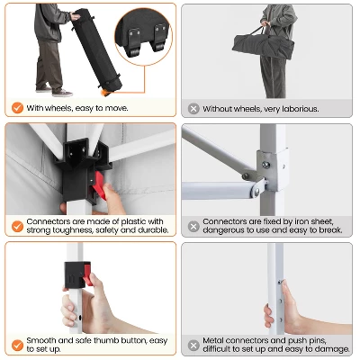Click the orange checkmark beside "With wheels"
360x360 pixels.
pyautogui.click(x=17, y=107)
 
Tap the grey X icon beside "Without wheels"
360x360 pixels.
pyautogui.click(x=193, y=108)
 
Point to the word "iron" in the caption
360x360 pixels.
pyautogui.click(x=302, y=221)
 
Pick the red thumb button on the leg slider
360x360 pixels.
pyautogui.click(x=87, y=274)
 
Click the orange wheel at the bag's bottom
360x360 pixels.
pyautogui.click(x=104, y=92)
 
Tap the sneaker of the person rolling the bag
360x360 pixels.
pyautogui.click(x=62, y=94)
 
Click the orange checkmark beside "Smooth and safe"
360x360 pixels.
pyautogui.click(x=17, y=345)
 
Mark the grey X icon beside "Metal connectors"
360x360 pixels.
pyautogui.click(x=193, y=345)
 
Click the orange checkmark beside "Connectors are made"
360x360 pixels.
pyautogui.click(x=17, y=226)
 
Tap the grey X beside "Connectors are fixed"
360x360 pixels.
pyautogui.click(x=193, y=226)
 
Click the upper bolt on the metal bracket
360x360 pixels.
pyautogui.click(x=265, y=165)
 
